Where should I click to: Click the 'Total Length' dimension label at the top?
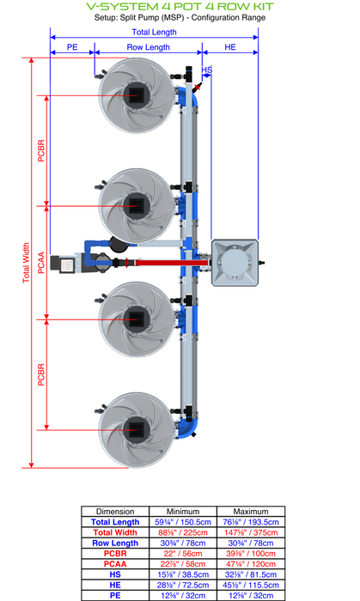tap(154, 33)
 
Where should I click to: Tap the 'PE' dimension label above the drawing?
tap(72, 47)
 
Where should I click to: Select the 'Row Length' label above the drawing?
tap(149, 47)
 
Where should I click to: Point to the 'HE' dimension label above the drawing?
tap(230, 47)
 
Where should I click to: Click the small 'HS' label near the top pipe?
tap(207, 70)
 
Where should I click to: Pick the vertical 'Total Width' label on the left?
tap(26, 263)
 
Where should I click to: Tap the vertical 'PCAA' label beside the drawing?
tap(41, 263)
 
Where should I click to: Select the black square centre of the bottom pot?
tap(136, 430)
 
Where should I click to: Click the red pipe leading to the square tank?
tap(172, 263)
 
